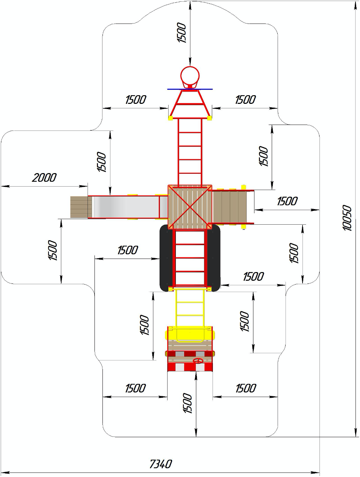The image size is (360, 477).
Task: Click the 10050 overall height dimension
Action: (x=347, y=218)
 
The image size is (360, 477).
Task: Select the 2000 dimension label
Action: (x=44, y=178)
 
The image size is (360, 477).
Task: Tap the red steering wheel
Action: (x=198, y=361)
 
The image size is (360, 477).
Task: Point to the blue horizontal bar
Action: (x=190, y=89)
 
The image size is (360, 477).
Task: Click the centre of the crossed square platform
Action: (x=190, y=207)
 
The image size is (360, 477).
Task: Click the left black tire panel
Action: (x=166, y=258)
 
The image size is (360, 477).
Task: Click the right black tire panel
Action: (x=214, y=258)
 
